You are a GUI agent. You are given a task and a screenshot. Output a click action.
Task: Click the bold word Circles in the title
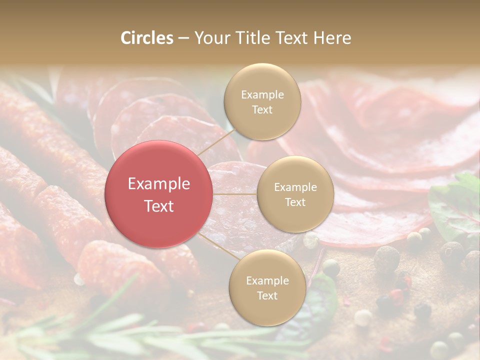(147, 38)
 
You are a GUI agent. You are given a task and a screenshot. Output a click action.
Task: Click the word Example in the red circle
(159, 184)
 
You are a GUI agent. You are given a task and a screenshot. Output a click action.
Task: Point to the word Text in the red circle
(159, 206)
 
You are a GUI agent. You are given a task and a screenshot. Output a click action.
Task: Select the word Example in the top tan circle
(262, 95)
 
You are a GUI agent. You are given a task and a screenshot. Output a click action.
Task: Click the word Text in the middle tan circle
(295, 202)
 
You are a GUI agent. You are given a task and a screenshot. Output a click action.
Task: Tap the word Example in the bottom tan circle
(267, 281)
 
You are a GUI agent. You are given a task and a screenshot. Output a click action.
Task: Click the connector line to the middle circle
(235, 194)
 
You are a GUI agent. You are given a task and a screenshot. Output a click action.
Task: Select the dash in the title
(183, 38)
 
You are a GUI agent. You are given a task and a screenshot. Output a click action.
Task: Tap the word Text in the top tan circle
(262, 109)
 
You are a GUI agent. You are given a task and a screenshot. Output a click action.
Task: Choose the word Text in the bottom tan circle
(267, 295)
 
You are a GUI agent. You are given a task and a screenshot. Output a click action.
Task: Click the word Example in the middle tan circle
(295, 187)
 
